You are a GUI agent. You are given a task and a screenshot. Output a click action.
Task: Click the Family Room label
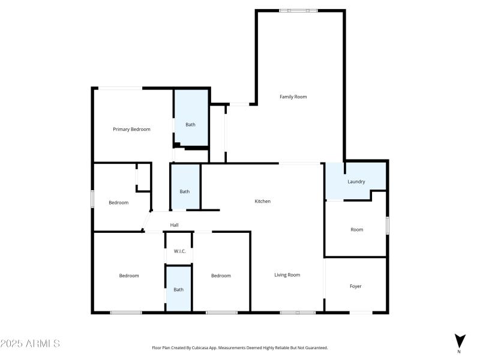click(293, 97)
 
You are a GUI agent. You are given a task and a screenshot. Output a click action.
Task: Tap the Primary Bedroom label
click(131, 129)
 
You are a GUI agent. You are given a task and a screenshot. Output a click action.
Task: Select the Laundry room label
click(356, 182)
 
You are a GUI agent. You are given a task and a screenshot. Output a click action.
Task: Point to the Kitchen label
click(263, 201)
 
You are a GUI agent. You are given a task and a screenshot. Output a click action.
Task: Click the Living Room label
click(287, 275)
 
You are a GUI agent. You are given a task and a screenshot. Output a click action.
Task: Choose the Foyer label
click(356, 286)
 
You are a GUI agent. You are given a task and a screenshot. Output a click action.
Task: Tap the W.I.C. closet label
click(179, 251)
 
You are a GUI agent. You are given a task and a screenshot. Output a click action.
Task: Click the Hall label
click(174, 225)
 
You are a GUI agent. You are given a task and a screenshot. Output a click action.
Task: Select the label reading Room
click(356, 229)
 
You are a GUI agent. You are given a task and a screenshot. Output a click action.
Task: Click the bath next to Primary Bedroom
click(190, 125)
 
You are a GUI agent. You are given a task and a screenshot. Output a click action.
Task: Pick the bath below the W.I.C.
click(179, 290)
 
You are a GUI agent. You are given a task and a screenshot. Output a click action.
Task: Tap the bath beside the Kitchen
click(185, 191)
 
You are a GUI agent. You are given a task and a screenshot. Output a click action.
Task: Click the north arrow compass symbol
click(459, 340)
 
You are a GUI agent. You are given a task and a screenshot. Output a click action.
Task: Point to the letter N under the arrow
click(459, 352)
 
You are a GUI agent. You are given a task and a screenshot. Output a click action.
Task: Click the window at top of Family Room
click(299, 10)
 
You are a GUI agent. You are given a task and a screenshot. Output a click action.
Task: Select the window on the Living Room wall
click(298, 312)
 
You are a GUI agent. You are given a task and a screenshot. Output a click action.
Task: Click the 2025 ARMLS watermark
click(30, 344)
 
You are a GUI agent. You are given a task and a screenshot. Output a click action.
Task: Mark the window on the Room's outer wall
click(388, 226)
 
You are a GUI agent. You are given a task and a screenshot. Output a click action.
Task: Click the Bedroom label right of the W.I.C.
click(221, 275)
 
